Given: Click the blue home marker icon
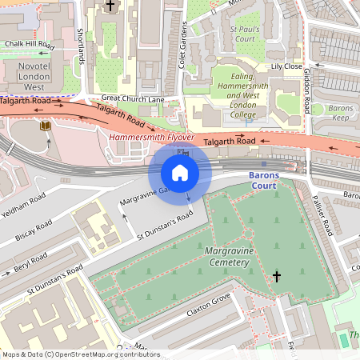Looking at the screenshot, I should tap(180, 172).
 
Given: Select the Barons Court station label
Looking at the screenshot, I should tap(262, 180).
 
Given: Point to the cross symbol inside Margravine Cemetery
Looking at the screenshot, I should tap(277, 277).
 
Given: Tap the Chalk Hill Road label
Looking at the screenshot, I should tap(29, 45).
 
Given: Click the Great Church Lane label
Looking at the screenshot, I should tap(133, 99).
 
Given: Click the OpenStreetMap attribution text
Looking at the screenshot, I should tap(80, 354).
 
